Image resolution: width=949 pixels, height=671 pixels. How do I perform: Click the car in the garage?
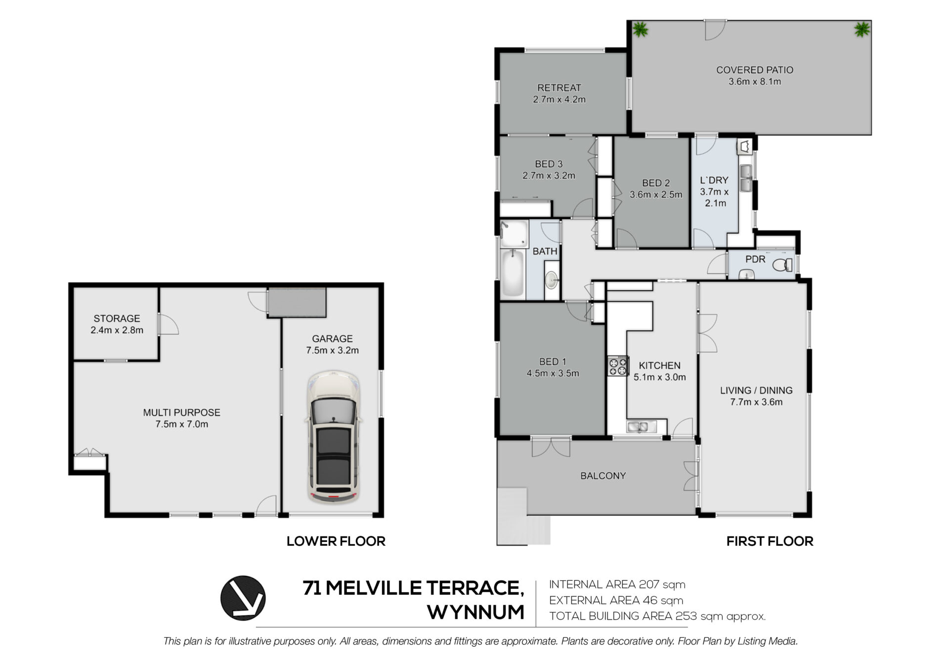(333, 437)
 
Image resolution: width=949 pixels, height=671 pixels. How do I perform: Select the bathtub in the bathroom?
(513, 273)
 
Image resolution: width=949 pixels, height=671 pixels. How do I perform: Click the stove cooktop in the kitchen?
(618, 366)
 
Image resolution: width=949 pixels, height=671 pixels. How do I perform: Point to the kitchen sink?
(642, 426)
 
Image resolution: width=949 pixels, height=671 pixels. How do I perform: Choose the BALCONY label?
(603, 476)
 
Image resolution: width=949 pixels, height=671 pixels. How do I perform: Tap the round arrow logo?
(243, 598)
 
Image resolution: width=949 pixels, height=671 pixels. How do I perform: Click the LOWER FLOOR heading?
(336, 541)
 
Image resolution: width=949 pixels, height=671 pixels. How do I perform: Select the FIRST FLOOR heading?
(770, 541)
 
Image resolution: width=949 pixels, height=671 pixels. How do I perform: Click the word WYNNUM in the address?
(475, 612)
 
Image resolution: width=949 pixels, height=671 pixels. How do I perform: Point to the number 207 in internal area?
(649, 584)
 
